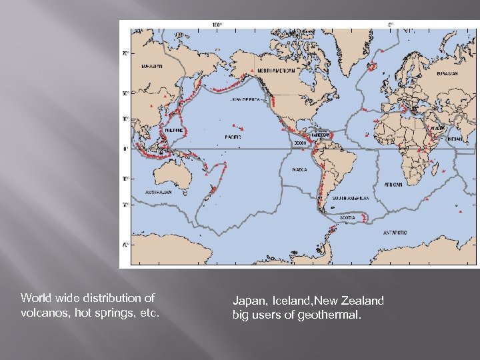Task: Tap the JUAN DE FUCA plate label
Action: (x=245, y=99)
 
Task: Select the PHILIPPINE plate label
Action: (x=173, y=130)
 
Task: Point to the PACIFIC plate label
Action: (x=233, y=137)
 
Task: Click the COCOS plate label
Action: (x=300, y=142)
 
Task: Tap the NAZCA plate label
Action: (x=300, y=169)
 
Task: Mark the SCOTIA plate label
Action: (x=347, y=217)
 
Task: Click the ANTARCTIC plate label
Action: (x=394, y=233)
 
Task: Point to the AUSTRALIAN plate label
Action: (x=159, y=192)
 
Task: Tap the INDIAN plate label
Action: (x=455, y=139)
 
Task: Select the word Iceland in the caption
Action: (x=289, y=301)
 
